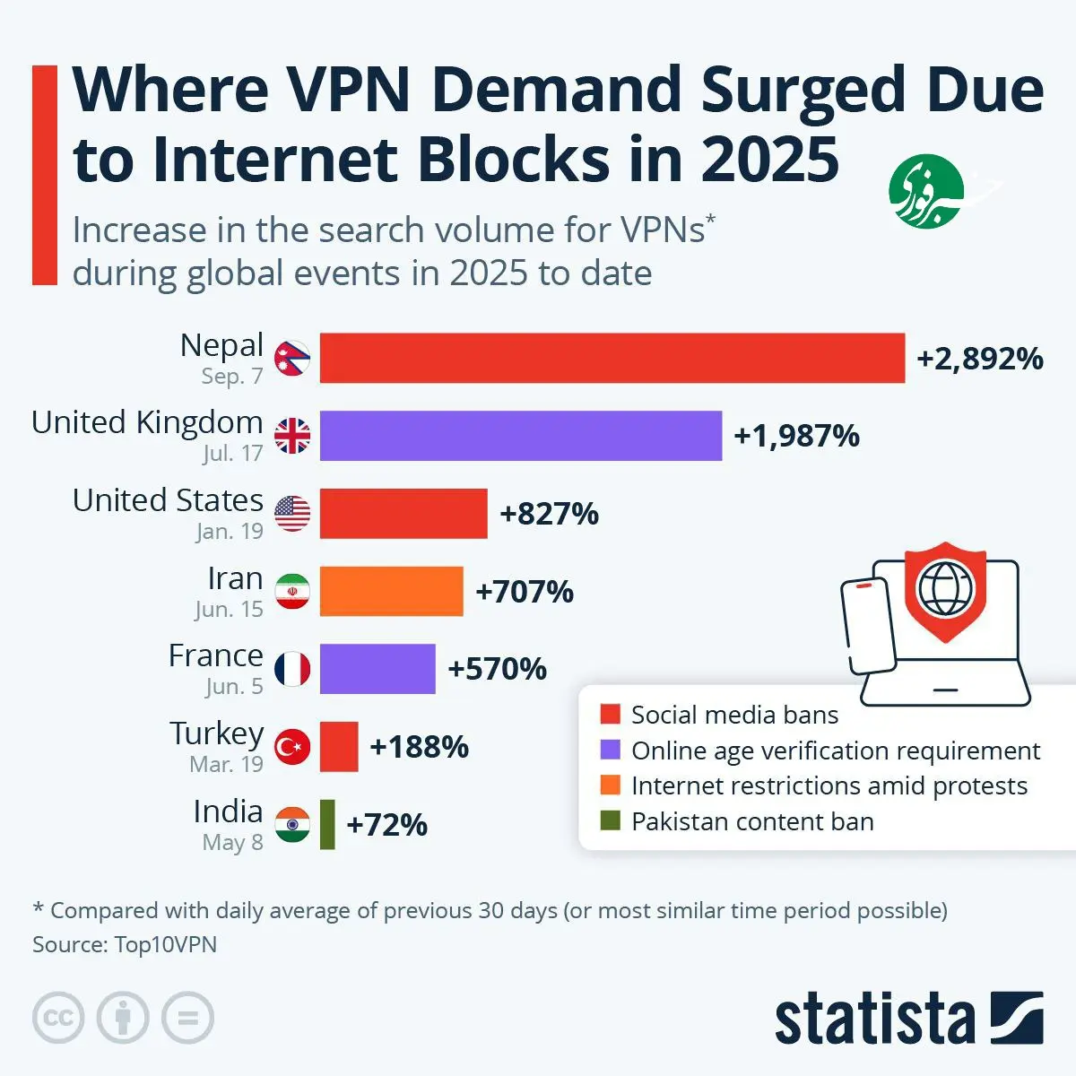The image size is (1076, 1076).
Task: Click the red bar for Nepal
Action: click(612, 358)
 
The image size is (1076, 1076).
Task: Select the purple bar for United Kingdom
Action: click(520, 436)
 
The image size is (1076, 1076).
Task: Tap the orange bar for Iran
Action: click(391, 591)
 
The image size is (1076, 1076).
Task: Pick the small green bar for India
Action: click(327, 824)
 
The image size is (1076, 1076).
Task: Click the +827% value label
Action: click(549, 514)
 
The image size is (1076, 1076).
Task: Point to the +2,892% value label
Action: click(979, 359)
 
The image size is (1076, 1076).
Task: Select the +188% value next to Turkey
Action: click(419, 747)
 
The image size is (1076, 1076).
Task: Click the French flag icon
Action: click(292, 669)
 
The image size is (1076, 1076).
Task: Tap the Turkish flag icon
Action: click(292, 747)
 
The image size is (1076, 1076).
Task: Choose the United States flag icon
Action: click(292, 514)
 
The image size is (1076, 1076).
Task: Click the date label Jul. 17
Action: click(232, 454)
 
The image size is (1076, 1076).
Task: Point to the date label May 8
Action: click(232, 843)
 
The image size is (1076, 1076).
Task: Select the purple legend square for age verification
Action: click(611, 750)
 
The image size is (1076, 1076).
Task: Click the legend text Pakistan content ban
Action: click(752, 821)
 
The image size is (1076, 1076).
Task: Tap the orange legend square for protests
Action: click(611, 785)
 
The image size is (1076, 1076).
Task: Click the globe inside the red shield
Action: click(945, 588)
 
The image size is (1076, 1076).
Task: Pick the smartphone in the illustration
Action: click(868, 624)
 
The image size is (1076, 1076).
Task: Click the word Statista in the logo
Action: click(874, 1020)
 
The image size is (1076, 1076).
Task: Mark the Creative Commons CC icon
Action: click(58, 1019)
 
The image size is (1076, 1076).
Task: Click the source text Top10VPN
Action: click(166, 944)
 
